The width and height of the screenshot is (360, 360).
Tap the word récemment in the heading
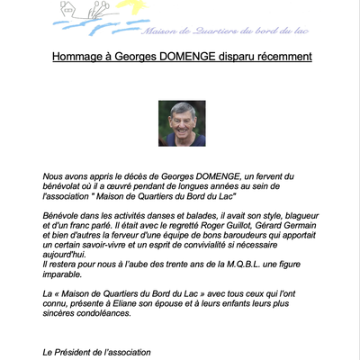[x=280, y=57]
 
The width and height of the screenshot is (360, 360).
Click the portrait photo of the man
[x=182, y=123]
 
